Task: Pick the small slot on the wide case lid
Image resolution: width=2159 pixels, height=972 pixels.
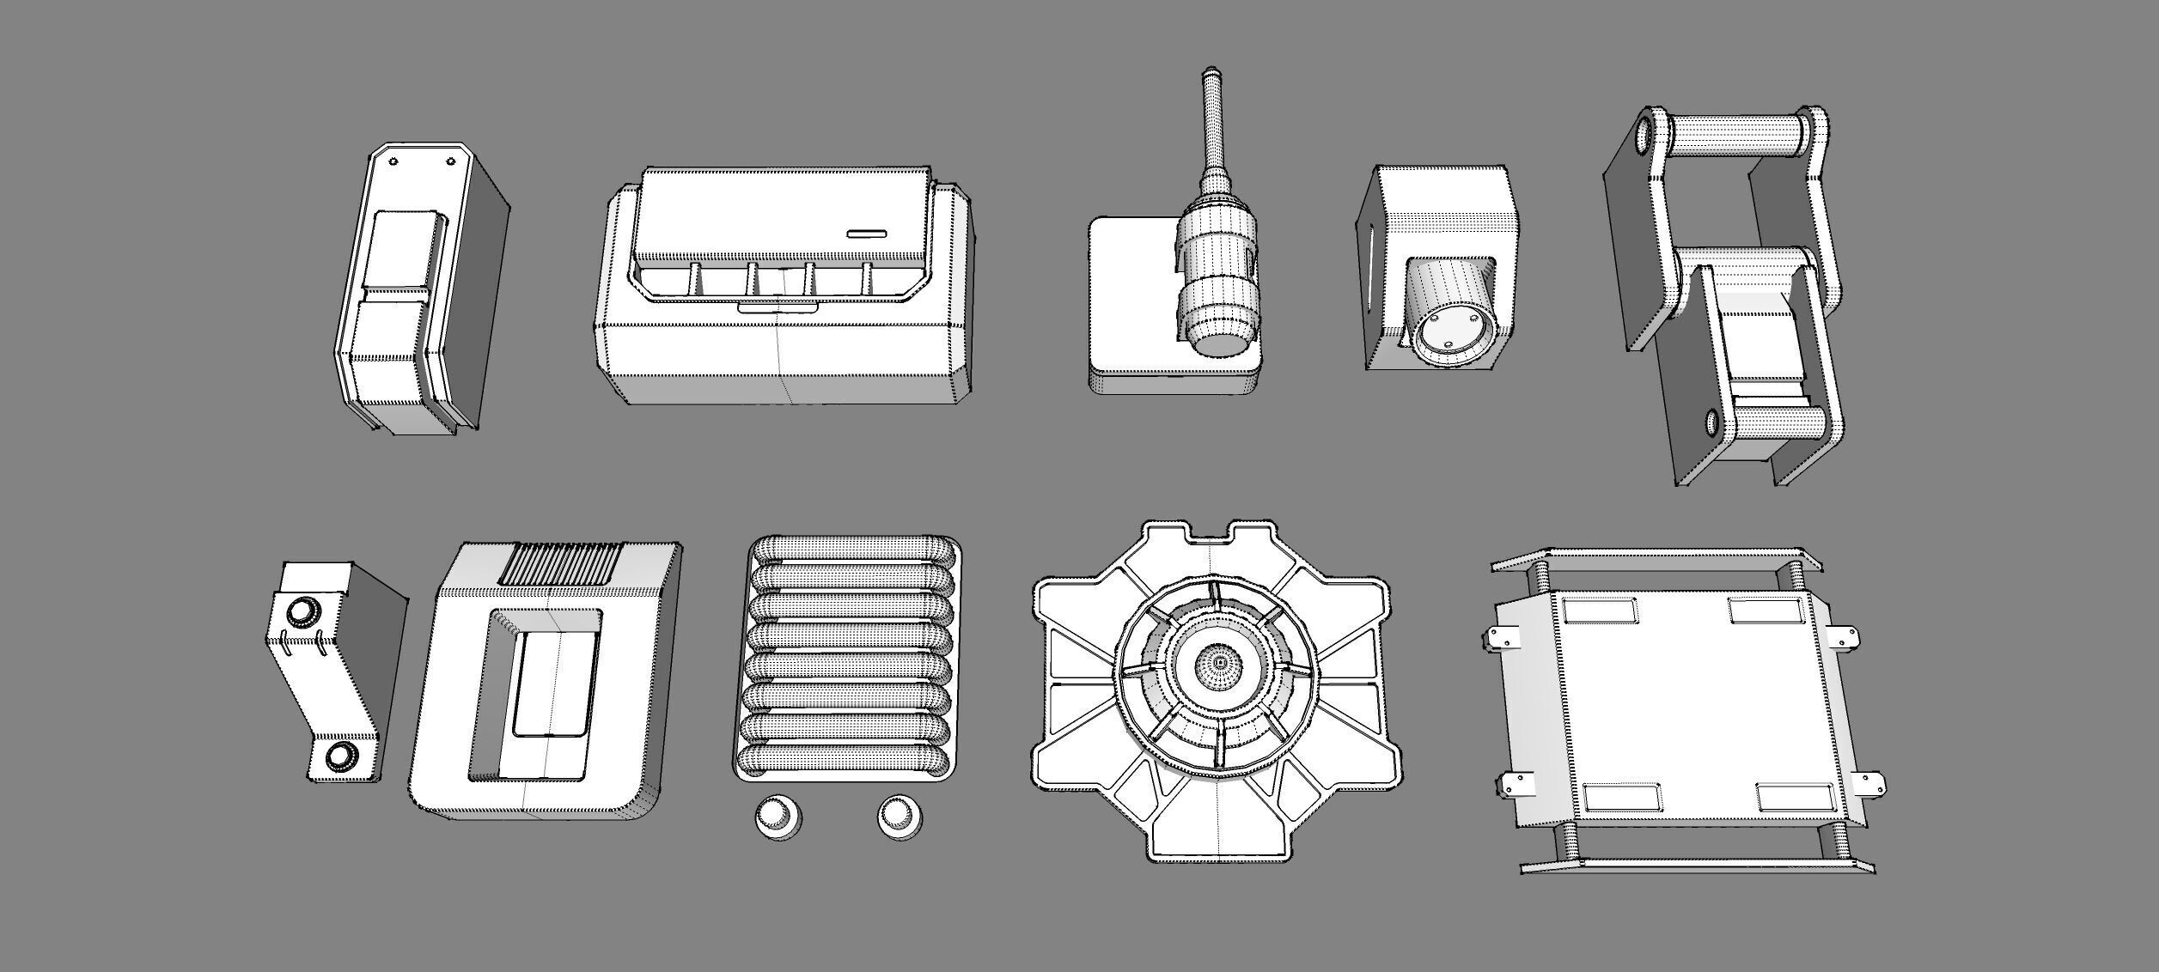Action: click(867, 233)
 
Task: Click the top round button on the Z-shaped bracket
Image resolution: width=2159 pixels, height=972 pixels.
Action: click(302, 611)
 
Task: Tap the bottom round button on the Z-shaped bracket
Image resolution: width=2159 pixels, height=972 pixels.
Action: click(341, 756)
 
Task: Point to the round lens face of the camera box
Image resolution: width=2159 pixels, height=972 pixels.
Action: click(1447, 337)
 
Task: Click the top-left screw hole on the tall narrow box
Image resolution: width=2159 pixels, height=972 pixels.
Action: click(393, 161)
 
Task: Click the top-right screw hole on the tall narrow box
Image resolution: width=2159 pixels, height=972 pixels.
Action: click(450, 161)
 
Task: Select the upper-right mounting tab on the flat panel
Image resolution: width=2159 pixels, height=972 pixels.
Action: click(1843, 637)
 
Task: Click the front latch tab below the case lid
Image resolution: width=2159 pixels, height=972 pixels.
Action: click(778, 307)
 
